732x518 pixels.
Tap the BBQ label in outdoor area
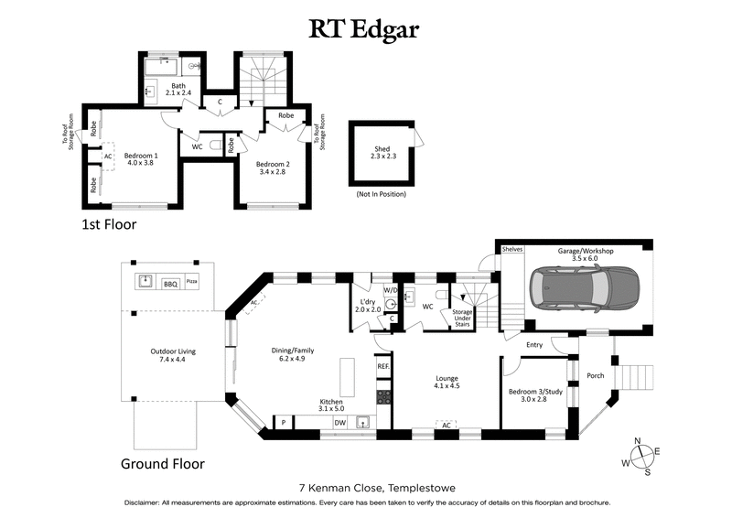[170, 285]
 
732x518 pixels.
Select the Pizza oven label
[192, 280]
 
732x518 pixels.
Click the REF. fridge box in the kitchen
[383, 366]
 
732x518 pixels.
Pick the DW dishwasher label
[339, 423]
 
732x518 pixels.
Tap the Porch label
[596, 374]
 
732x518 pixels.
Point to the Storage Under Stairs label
[457, 318]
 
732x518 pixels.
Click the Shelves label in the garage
[511, 249]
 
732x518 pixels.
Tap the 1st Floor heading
[111, 222]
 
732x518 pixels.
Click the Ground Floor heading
[163, 464]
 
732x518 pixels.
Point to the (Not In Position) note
[381, 194]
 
